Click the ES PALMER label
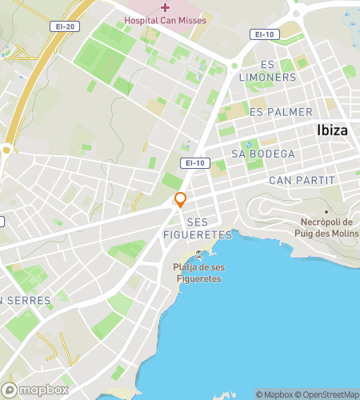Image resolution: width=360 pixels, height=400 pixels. click(x=281, y=112)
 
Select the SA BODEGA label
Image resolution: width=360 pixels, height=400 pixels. click(x=262, y=154)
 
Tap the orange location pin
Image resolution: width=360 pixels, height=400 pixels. click(x=181, y=200)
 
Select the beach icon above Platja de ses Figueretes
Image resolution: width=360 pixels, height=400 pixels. click(x=198, y=254)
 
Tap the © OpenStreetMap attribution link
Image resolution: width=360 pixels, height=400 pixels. click(x=328, y=394)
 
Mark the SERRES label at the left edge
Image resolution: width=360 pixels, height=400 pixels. click(x=28, y=301)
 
